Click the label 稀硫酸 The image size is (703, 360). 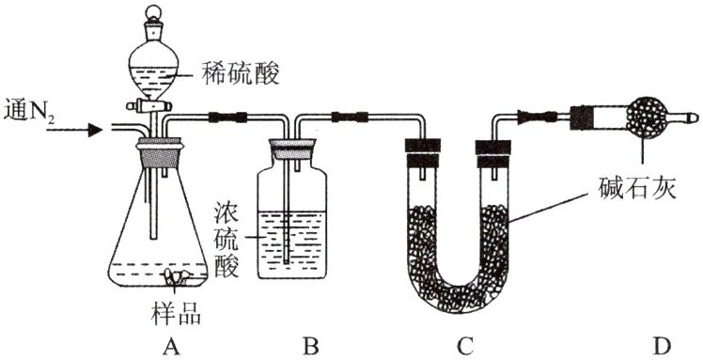[x=241, y=74]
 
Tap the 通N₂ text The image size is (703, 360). [x=29, y=112]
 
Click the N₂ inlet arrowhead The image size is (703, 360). [x=95, y=130]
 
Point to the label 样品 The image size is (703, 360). [x=176, y=314]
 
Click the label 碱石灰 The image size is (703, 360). [x=637, y=190]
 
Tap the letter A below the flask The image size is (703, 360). [x=169, y=346]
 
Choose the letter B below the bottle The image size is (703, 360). [x=311, y=346]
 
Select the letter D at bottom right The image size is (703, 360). [x=662, y=346]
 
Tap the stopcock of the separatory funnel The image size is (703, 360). [x=149, y=107]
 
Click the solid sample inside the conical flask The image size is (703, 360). [x=176, y=276]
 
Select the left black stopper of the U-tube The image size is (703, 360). [x=422, y=153]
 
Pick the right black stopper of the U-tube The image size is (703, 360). [x=492, y=153]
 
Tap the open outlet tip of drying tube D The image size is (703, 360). [x=695, y=117]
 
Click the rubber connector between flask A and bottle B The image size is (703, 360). [x=227, y=117]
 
